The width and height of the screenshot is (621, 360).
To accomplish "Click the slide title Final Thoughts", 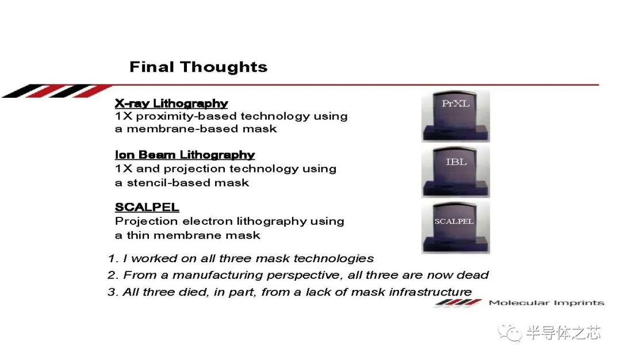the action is coord(198,67).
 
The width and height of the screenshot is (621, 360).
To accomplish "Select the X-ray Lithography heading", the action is coord(171,104).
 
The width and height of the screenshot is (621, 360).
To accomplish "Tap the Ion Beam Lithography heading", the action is coord(185,155).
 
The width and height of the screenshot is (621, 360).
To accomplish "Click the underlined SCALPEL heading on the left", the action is coord(147,206).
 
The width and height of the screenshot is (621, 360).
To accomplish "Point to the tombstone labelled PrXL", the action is coord(455,116).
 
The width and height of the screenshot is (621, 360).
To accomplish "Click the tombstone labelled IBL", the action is coord(455,171).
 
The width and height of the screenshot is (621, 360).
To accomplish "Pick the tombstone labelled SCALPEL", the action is coord(455,227).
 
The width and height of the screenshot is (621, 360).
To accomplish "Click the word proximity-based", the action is coord(186,116).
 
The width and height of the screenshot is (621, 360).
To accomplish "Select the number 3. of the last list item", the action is coord(113,292).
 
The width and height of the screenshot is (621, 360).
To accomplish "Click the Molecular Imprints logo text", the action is coord(547,303).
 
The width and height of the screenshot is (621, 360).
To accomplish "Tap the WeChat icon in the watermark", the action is coord(509,332).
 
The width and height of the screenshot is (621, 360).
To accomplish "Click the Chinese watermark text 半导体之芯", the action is coord(563,332).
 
